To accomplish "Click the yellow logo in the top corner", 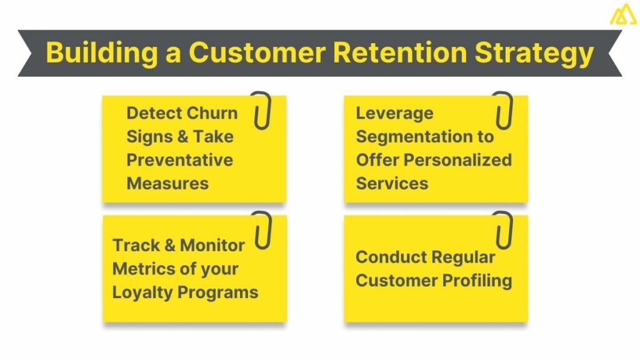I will pyautogui.click(x=622, y=14).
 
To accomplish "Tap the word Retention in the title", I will pyautogui.click(x=399, y=53).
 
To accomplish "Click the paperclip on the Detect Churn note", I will pyautogui.click(x=261, y=111).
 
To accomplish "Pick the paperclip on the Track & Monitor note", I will pyautogui.click(x=261, y=230).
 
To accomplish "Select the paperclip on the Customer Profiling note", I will pyautogui.click(x=502, y=230).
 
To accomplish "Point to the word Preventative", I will pyautogui.click(x=179, y=160).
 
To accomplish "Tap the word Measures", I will pyautogui.click(x=167, y=183).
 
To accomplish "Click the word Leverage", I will pyautogui.click(x=394, y=113).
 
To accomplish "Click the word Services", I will pyautogui.click(x=392, y=183).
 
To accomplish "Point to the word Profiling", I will pyautogui.click(x=478, y=280).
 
